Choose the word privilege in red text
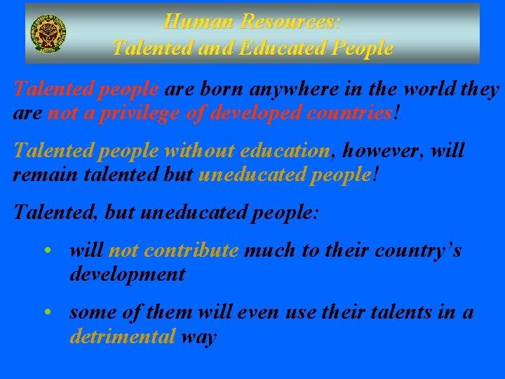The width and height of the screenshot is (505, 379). [x=142, y=112]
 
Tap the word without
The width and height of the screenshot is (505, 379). [x=199, y=151]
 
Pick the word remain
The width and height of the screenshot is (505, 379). [x=41, y=174]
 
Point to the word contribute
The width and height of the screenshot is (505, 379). [x=194, y=251]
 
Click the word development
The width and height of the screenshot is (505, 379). [x=127, y=274]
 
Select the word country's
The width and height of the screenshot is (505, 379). [x=419, y=251]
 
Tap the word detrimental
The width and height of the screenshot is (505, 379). [x=122, y=336]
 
